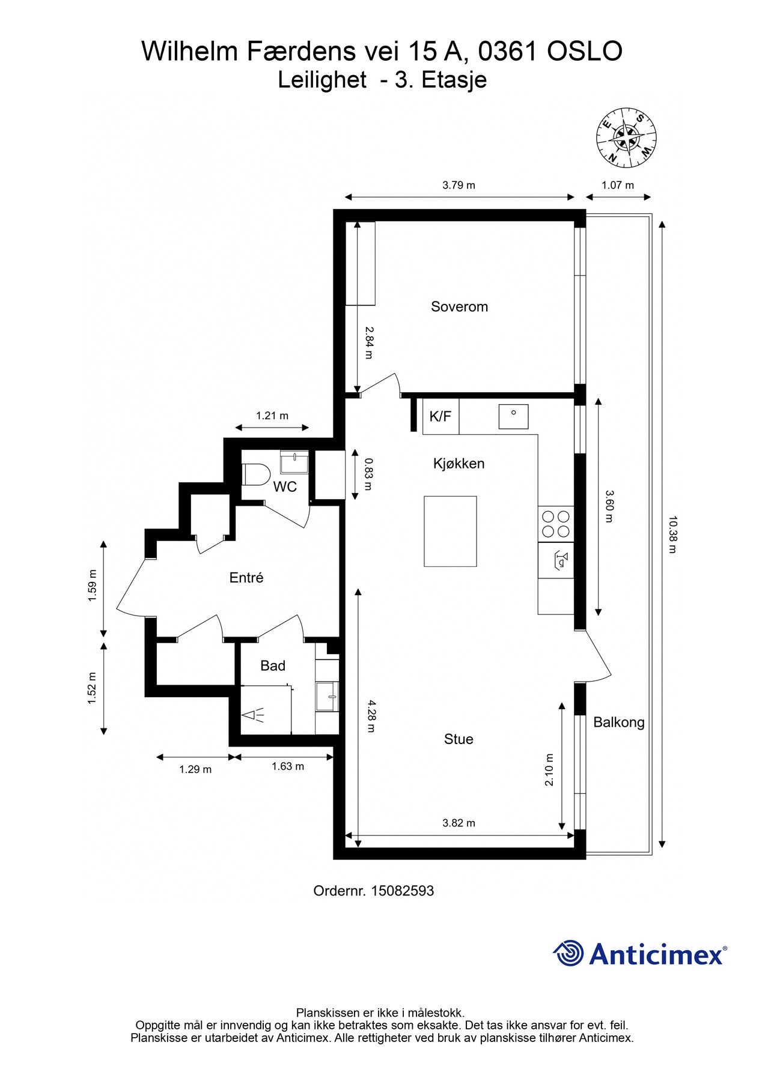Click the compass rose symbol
click(x=626, y=139)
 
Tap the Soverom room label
click(x=459, y=307)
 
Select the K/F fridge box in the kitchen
click(x=440, y=416)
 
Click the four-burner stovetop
click(x=556, y=524)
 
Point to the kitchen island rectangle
click(x=450, y=531)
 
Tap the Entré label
click(x=246, y=578)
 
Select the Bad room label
click(x=272, y=665)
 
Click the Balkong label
click(x=618, y=722)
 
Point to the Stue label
click(x=459, y=739)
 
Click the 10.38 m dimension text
click(x=672, y=534)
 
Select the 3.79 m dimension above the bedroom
click(x=459, y=185)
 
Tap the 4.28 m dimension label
click(x=371, y=716)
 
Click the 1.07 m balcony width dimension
click(x=618, y=185)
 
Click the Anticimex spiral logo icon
click(x=568, y=953)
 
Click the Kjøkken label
click(x=459, y=464)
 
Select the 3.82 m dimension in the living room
click(x=459, y=823)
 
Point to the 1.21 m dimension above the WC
click(x=272, y=416)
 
